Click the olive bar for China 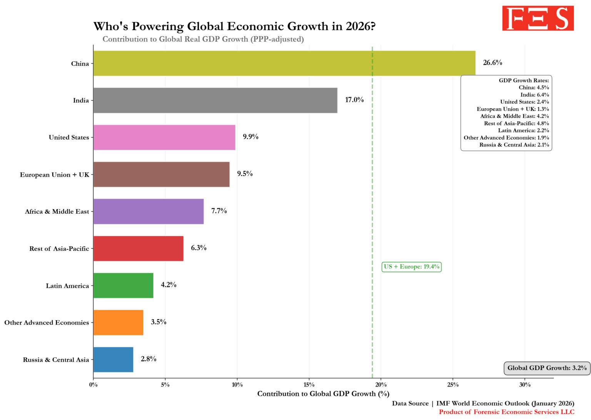[x=284, y=63]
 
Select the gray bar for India [x=215, y=100]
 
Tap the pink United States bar [x=164, y=137]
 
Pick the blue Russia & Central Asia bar [x=113, y=359]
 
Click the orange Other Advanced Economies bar [x=118, y=322]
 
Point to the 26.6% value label [x=492, y=63]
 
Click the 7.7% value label [x=219, y=211]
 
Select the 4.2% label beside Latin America [x=169, y=285]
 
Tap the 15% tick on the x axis [x=309, y=385]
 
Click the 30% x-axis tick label [x=525, y=385]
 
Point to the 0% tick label [x=93, y=385]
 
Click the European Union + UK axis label [x=54, y=175]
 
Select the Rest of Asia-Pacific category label [x=59, y=249]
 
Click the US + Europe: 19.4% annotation [x=411, y=267]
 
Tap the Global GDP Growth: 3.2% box [x=547, y=368]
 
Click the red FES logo [x=538, y=18]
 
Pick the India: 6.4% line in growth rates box [x=534, y=95]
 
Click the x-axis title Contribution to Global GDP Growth [x=323, y=394]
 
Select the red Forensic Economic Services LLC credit [x=506, y=412]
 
